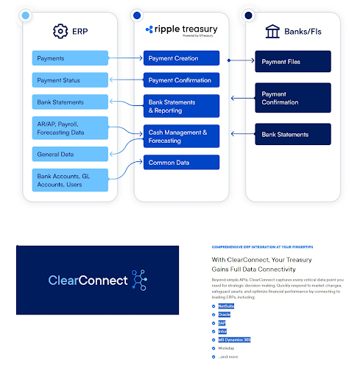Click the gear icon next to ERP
(60, 31)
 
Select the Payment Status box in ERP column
(71, 80)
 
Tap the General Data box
(71, 154)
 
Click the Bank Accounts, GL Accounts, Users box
(71, 180)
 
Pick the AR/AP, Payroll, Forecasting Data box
(71, 128)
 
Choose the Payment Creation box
(181, 58)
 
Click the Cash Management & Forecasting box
(181, 136)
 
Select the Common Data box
(181, 162)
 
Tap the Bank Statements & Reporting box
(181, 106)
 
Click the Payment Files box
(293, 61)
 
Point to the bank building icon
(272, 31)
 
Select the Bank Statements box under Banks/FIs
(293, 134)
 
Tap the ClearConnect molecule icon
(138, 280)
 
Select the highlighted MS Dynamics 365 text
(235, 339)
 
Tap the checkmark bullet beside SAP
(213, 323)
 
